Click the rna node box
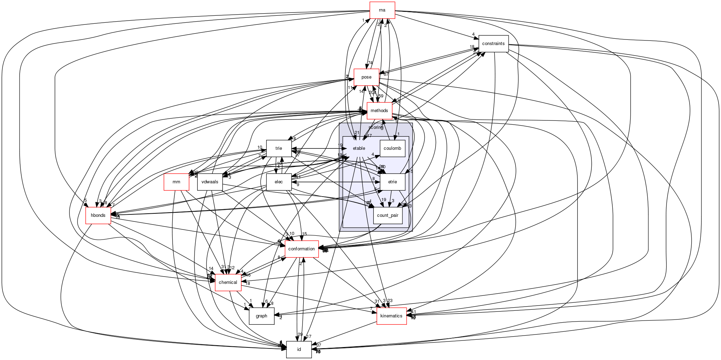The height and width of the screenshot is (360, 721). [382, 10]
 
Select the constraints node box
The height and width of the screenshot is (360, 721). [493, 44]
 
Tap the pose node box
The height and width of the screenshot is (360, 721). [366, 77]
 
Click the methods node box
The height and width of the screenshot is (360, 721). [379, 111]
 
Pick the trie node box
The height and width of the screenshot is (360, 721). [279, 148]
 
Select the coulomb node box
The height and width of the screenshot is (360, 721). [392, 148]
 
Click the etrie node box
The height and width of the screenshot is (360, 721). [392, 182]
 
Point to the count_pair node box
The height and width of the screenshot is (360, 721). [388, 215]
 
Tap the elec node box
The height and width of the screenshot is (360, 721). [279, 182]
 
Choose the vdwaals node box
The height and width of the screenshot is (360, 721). [210, 182]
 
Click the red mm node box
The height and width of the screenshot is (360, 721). [176, 182]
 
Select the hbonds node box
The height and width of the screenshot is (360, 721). [98, 215]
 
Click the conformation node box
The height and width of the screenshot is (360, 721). [301, 249]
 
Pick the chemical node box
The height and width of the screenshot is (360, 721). [228, 282]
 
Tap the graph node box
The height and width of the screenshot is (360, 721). [261, 316]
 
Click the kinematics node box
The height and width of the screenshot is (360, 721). [391, 316]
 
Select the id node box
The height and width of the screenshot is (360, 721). [299, 350]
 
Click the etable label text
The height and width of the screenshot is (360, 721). [359, 148]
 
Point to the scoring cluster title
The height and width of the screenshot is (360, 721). [376, 127]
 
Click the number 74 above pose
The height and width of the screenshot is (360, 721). [370, 63]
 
